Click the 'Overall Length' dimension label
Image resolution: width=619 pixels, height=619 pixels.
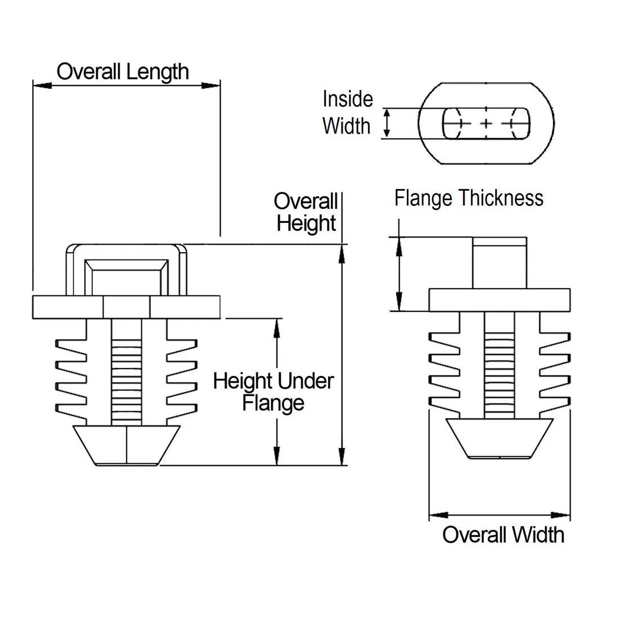coord(123,72)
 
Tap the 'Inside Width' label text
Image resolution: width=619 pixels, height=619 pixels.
coord(347,112)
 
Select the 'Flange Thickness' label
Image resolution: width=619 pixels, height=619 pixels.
coord(469,198)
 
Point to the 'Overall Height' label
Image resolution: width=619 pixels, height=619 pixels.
coord(306,212)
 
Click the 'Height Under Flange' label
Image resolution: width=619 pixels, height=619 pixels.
coord(273,392)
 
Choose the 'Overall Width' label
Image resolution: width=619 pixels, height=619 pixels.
coord(503,534)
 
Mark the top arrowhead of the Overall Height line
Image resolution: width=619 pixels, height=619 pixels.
coord(342,253)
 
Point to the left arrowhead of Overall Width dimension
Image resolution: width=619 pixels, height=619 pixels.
coord(438,515)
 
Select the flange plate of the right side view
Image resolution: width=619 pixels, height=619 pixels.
coord(499,300)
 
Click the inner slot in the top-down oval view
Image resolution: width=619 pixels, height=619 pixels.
coord(486,123)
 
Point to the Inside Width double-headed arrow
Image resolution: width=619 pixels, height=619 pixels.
coord(387,123)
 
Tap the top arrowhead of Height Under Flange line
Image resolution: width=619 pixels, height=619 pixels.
coord(276,328)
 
